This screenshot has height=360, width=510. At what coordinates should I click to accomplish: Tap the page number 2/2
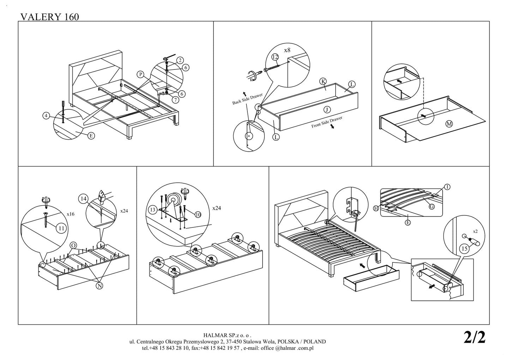tap(475, 337)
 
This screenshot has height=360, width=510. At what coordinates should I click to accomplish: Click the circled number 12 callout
tap(275, 57)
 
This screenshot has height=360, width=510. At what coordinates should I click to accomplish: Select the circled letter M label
tap(449, 123)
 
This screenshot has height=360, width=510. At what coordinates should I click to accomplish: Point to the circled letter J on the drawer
tap(327, 109)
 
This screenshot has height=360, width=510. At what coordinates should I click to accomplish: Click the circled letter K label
tap(323, 81)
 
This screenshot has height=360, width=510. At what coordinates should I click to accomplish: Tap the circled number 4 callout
tap(46, 115)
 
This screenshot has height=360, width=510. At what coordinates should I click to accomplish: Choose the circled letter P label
tap(140, 74)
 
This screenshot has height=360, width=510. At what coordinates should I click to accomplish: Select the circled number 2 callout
tap(180, 60)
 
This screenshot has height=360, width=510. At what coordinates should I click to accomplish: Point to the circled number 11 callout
tap(61, 228)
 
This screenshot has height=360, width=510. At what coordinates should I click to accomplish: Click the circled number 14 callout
tap(83, 199)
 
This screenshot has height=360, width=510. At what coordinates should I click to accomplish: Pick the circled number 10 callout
tap(198, 214)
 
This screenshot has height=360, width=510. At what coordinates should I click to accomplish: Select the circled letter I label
tap(447, 187)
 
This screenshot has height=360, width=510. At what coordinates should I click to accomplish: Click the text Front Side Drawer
tap(326, 122)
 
